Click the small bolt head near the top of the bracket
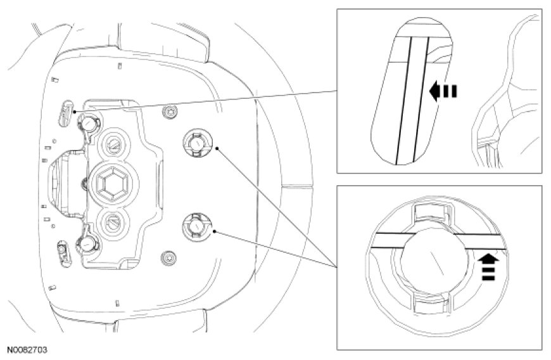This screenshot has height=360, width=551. click(x=168, y=112)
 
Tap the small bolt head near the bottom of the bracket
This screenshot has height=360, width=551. click(x=168, y=258)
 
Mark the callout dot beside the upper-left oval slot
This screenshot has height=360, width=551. click(x=75, y=111)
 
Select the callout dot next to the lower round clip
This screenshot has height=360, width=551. click(x=216, y=231)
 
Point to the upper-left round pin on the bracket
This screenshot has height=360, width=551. click(x=89, y=120)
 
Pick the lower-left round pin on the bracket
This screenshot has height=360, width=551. click(x=87, y=242)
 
